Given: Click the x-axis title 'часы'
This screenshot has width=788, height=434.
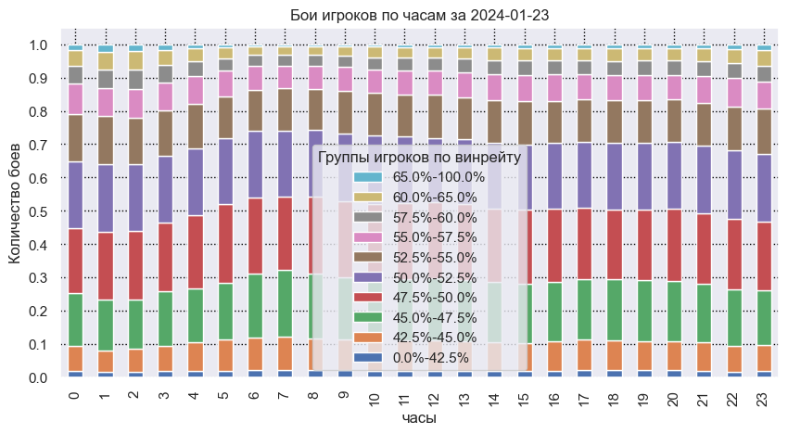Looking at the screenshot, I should point(419,419).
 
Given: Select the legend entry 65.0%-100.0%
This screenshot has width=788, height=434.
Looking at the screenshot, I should point(438,177).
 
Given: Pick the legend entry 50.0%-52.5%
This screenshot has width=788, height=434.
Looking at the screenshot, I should point(438,277).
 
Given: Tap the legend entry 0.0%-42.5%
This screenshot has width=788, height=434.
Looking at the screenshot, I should point(432,358).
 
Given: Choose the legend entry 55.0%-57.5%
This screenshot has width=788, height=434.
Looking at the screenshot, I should point(438,237).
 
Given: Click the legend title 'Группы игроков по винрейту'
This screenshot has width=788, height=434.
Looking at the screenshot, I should point(419,158).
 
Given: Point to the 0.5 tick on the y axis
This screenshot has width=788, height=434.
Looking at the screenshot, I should point(38,212).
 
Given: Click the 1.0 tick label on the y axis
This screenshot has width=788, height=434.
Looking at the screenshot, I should point(38,45).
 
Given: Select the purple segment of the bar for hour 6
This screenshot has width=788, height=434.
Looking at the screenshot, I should point(255,165).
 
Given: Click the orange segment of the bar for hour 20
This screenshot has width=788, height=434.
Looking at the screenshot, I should point(674,357).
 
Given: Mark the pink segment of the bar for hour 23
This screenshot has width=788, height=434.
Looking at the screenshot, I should point(763,96).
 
